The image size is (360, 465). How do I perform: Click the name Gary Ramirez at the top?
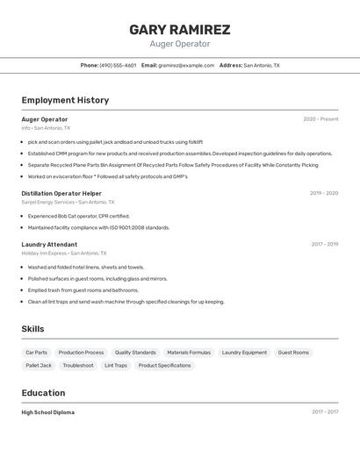pos(179,29)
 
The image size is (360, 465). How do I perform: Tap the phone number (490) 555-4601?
pos(118,65)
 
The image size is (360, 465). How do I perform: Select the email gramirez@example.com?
pos(186,65)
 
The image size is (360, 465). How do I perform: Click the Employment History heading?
pos(65,100)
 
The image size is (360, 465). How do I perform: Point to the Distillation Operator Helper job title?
pos(61,193)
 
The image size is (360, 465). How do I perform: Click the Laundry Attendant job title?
pos(49,245)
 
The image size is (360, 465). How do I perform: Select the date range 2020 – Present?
pos(320,119)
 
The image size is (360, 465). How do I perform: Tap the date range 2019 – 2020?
pos(323,193)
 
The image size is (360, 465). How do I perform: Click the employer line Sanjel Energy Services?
pos(48,202)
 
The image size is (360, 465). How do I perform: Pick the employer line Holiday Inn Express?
pos(44,254)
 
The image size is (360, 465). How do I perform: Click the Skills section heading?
pos(32,329)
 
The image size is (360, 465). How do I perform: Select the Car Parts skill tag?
pos(37,353)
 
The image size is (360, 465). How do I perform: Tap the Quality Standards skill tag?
pos(135,353)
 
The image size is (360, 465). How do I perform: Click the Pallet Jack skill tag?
pos(39,365)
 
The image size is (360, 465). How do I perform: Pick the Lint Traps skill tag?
pos(116,365)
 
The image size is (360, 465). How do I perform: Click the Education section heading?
pos(43,393)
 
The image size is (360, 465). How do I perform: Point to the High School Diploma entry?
pos(48,412)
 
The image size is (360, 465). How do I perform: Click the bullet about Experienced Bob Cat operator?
pos(78,216)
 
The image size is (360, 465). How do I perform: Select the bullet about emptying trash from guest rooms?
pos(83,290)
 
